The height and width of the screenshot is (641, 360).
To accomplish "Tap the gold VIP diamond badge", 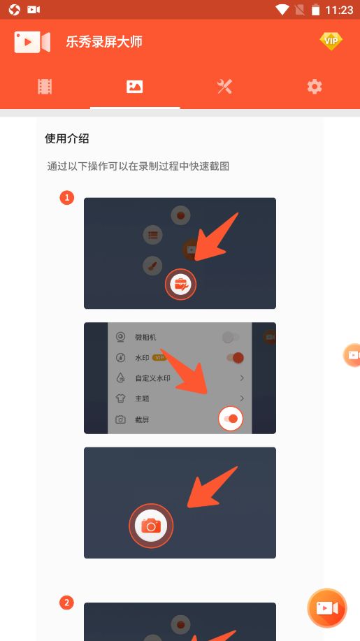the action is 331,41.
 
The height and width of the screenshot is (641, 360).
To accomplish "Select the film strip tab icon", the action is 45,87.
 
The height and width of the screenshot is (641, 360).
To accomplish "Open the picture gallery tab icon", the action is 134,87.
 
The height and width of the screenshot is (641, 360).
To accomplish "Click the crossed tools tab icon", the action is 225,87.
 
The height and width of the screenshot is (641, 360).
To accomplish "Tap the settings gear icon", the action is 315,87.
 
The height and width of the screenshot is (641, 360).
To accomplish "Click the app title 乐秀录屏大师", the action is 104,42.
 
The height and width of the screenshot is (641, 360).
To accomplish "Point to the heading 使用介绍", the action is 67,138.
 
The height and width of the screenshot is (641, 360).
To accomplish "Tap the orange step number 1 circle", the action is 67,199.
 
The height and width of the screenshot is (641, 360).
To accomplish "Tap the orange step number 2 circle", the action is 67,602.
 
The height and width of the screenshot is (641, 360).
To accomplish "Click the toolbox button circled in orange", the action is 180,284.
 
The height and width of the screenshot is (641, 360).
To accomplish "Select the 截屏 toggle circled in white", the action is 231,419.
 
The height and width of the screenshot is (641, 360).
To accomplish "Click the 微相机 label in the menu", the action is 145,337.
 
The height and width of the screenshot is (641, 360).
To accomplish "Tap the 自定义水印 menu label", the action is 152,378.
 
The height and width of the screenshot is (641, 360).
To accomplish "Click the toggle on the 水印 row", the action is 236,358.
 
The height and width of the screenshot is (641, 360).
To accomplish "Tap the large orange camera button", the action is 151,525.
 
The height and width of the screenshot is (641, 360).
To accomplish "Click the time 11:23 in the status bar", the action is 339,10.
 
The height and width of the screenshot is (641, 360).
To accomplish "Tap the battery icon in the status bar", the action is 315,10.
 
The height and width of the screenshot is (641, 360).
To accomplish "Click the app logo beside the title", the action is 32,42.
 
